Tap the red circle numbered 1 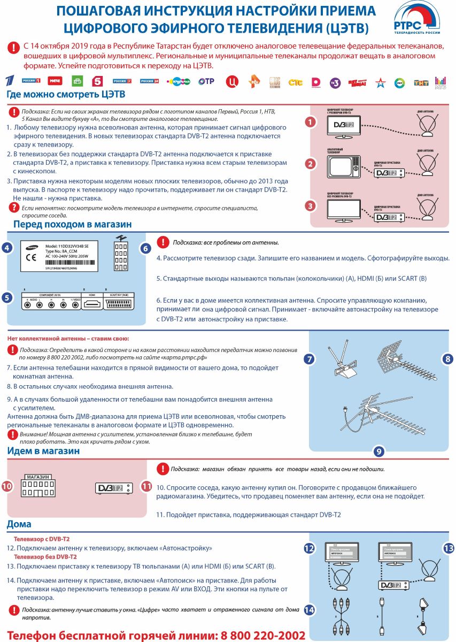click(309, 122)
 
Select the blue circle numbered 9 click(378, 452)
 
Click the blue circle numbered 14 click(309, 610)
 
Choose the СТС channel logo click(295, 82)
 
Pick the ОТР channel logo click(206, 81)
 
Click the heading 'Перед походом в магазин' click(72, 224)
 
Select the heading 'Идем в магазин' click(43, 451)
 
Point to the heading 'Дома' click(19, 524)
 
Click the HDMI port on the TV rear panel click(91, 303)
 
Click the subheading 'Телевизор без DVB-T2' click(45, 557)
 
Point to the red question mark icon click(14, 207)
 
